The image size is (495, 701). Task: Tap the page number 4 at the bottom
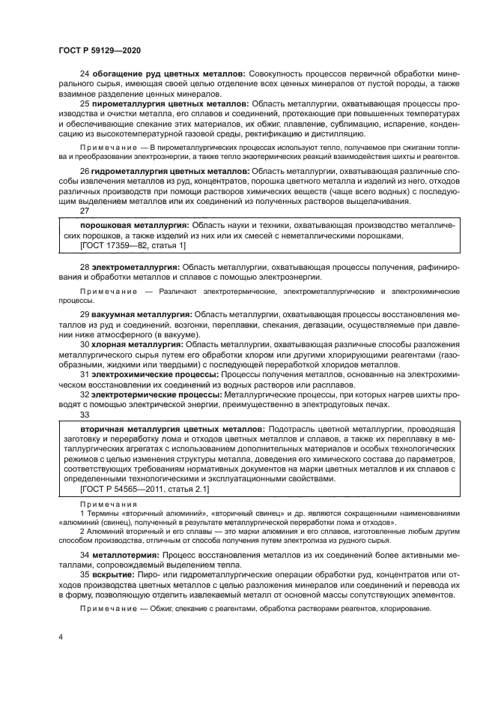[60, 637]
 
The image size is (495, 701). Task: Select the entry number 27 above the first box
[85, 211]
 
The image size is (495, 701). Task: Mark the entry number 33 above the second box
[85, 414]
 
